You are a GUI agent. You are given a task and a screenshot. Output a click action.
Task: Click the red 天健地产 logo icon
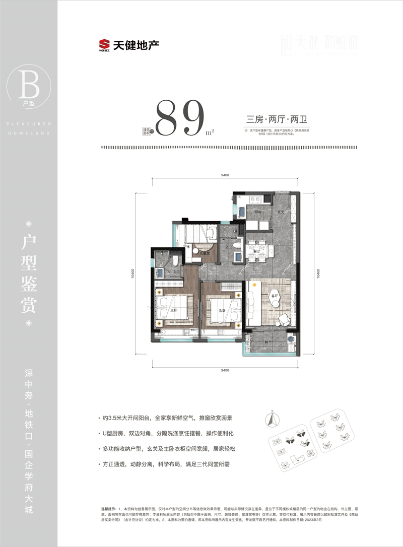click(105, 45)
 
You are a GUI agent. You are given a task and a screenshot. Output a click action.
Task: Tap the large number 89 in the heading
click(180, 118)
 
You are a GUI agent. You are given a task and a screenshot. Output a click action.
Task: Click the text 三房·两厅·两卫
click(278, 120)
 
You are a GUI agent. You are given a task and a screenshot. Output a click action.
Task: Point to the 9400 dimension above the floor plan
click(225, 175)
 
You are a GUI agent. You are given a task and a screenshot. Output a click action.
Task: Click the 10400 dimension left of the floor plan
click(132, 275)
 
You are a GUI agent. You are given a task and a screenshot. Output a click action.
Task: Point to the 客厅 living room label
click(275, 296)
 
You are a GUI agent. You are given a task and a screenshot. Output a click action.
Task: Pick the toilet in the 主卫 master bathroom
click(175, 261)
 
